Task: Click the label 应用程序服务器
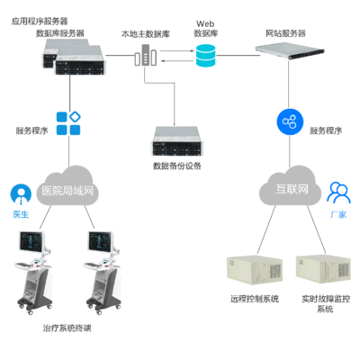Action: click(x=40, y=19)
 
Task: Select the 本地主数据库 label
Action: click(x=144, y=33)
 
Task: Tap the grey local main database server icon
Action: click(x=143, y=58)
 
